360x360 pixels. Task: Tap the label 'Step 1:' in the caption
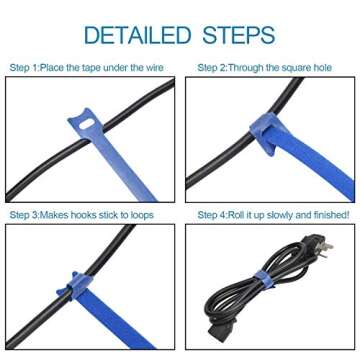tap(27, 67)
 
